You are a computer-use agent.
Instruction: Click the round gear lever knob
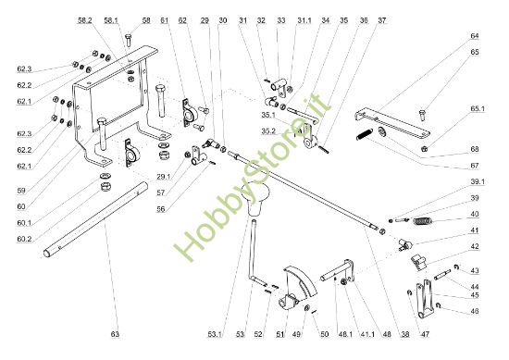coord(256,200)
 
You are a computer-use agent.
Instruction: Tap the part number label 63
coord(116,334)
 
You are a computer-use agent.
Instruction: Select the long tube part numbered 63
coord(95,219)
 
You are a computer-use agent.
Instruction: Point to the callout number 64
coord(474,36)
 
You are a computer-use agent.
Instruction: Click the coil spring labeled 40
coord(423,221)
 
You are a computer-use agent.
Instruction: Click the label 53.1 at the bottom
coord(215,334)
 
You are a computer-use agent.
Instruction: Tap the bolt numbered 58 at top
coord(128,40)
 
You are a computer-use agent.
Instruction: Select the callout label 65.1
coord(478,109)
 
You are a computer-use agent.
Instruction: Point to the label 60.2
coord(24,239)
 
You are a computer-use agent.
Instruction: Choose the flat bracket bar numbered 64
coord(392,123)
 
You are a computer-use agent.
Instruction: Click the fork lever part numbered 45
coord(425,299)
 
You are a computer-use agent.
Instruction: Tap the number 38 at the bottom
coord(405,334)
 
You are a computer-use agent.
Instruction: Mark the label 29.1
coord(163,177)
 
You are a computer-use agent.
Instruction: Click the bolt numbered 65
coord(422,116)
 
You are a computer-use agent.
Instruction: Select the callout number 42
coord(474,246)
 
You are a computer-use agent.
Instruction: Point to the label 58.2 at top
coord(85,20)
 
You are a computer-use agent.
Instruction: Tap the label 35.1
coord(268,116)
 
